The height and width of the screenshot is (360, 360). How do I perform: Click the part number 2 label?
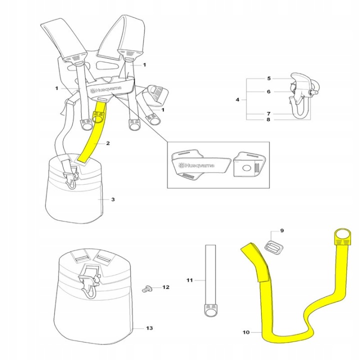108,143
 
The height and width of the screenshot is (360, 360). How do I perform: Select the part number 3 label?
113,199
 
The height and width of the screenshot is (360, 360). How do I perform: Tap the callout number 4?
237,99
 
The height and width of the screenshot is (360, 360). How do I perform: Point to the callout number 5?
269,78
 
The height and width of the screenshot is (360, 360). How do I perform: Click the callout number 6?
268,91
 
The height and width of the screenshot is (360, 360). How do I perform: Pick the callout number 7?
268,113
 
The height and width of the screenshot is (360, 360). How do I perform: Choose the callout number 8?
268,119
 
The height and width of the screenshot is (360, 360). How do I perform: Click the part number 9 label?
282,230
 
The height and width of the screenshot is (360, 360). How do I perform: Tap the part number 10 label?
246,332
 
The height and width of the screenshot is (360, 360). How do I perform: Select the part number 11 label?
189,280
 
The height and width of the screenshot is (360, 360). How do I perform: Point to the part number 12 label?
166,287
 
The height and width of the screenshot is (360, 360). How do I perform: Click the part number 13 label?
149,328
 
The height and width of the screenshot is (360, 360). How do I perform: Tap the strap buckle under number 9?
273,247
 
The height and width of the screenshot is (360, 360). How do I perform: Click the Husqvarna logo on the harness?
106,89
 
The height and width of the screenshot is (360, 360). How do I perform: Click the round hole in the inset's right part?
246,168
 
